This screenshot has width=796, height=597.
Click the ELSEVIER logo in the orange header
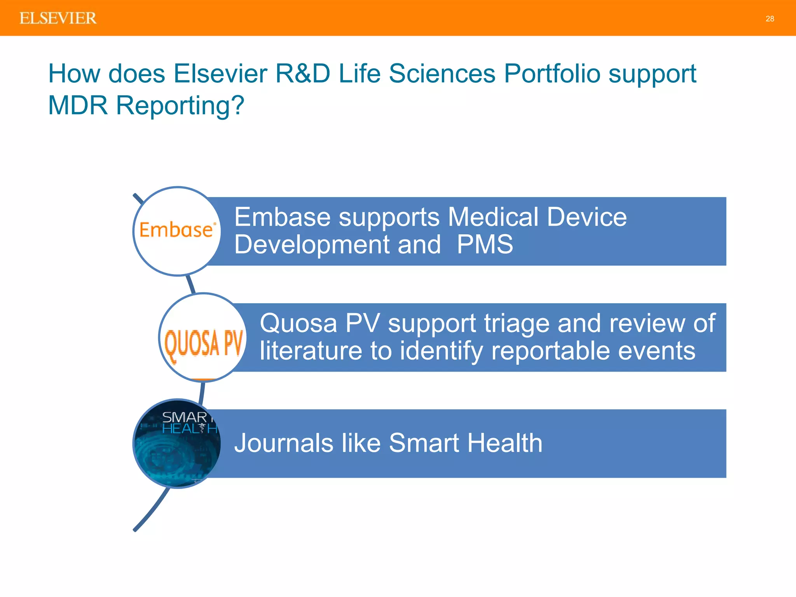point(58,18)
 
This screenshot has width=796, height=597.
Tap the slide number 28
point(770,19)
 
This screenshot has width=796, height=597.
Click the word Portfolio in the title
point(552,73)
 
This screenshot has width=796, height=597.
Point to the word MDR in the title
point(78,105)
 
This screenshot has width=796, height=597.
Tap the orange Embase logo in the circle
point(177,230)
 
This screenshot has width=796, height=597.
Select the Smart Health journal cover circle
point(177,443)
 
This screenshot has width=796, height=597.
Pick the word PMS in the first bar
point(485,244)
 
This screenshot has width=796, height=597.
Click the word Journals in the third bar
point(284,443)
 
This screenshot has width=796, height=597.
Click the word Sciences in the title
point(442,73)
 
